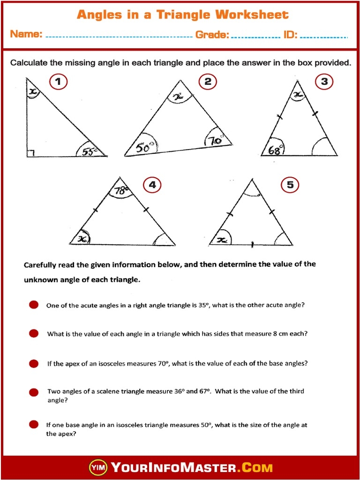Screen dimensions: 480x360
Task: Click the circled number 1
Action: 58,82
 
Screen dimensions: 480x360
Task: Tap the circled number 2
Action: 208,82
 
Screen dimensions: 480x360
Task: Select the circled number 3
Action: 324,82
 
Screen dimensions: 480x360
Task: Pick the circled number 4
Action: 152,185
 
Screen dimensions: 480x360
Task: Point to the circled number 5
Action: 290,185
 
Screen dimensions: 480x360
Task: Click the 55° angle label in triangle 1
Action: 89,151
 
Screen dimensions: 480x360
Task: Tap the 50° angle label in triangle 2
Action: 145,148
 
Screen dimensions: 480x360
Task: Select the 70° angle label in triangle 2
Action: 215,140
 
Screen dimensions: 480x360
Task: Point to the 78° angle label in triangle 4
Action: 121,190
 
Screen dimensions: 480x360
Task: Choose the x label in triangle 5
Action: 222,240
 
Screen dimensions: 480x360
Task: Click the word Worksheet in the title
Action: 252,15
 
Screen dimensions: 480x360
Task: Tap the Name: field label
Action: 26,34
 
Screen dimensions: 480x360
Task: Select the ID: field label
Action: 290,34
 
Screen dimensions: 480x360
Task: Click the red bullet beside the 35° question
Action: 34,305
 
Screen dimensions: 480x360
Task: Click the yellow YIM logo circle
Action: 98,467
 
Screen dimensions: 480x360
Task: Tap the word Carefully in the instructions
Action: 41,265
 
